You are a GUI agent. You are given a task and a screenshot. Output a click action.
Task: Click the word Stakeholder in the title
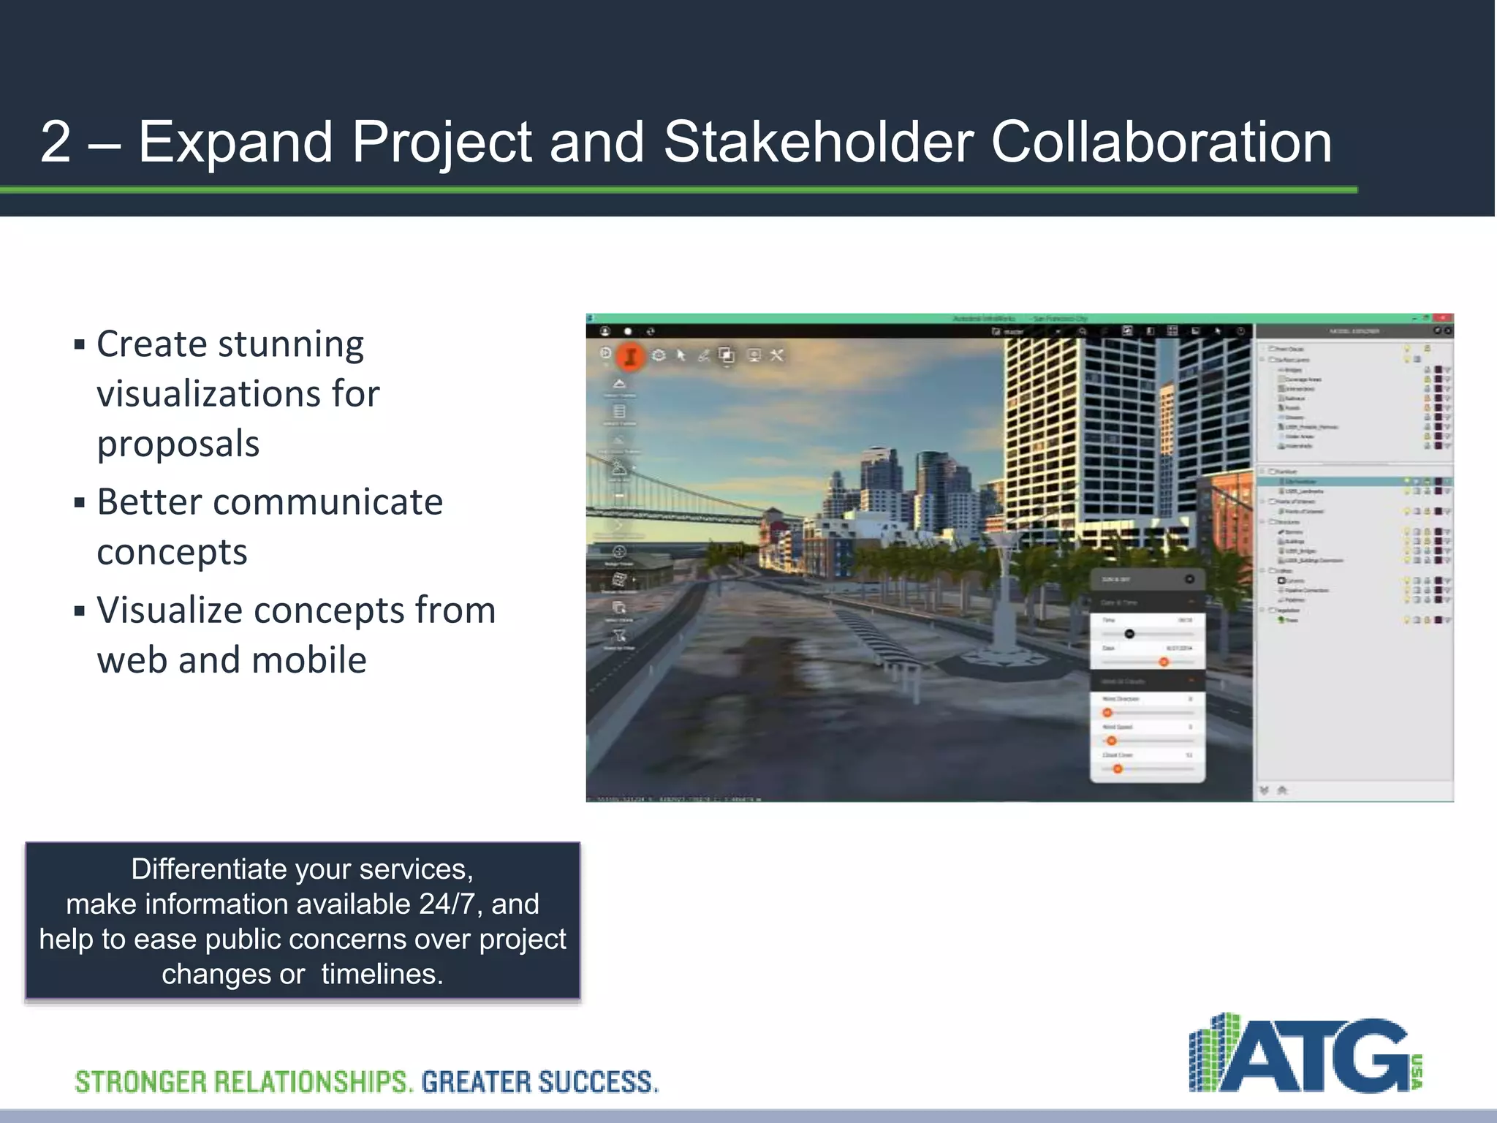pos(819,142)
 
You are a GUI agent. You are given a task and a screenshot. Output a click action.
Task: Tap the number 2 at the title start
pos(56,142)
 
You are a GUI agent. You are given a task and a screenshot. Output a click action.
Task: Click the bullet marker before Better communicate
pos(80,503)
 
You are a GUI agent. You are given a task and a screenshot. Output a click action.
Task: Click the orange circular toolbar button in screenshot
pos(630,356)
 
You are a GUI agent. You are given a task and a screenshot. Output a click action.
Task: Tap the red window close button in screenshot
pos(1444,318)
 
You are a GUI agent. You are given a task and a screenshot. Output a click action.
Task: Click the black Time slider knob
pos(1129,634)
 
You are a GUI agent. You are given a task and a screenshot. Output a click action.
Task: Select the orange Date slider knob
pos(1164,662)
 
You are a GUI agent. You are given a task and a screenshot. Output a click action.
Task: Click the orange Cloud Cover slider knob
pos(1118,768)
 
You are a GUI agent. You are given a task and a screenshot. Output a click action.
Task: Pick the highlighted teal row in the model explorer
pos(1352,482)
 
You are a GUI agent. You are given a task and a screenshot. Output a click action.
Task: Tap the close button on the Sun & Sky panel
pos(1189,579)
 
